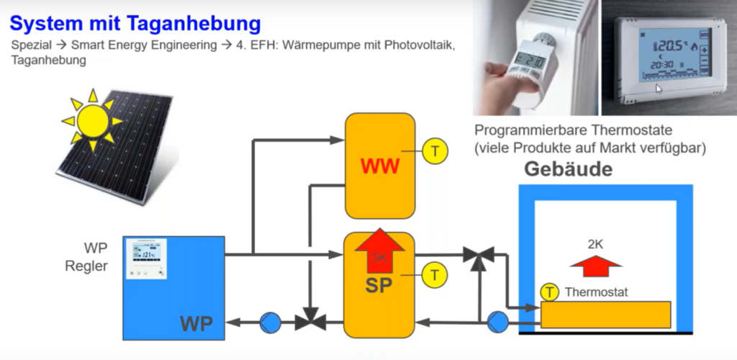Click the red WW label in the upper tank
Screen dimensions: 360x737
tap(380, 167)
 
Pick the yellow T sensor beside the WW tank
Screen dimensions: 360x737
tap(435, 152)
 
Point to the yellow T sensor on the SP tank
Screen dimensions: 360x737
tap(435, 274)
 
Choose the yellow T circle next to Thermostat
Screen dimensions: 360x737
tap(551, 292)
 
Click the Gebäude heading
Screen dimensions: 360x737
tap(569, 170)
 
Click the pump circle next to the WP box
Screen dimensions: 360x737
tap(271, 323)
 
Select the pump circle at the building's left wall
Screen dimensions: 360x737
tap(497, 322)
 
